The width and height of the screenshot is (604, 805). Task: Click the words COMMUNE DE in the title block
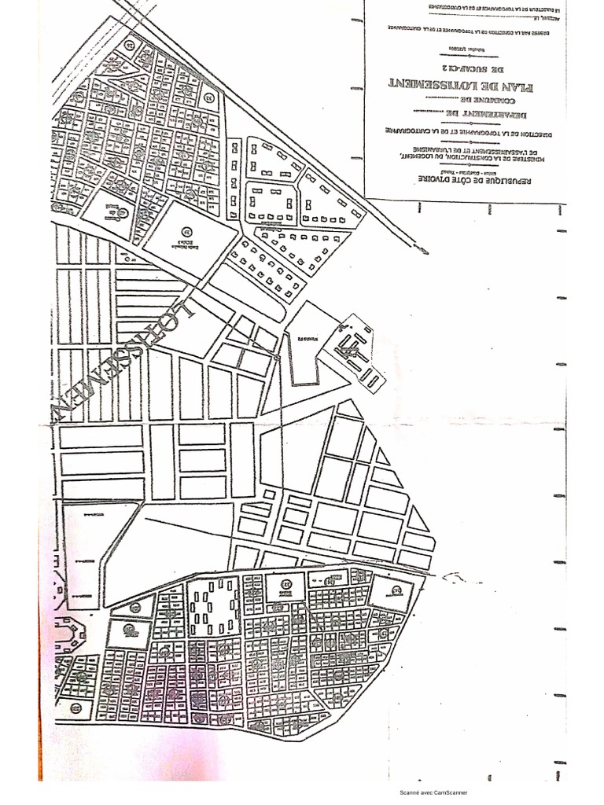pyautogui.click(x=465, y=101)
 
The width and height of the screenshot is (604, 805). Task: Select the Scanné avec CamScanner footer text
pyautogui.click(x=433, y=792)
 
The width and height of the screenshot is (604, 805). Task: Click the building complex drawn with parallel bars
pyautogui.click(x=358, y=350)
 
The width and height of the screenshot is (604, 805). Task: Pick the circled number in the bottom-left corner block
pyautogui.click(x=75, y=708)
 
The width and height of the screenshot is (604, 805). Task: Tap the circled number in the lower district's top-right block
pyautogui.click(x=397, y=591)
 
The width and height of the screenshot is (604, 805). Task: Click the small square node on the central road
pyautogui.click(x=276, y=358)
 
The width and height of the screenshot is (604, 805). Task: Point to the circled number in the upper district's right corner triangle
pyautogui.click(x=208, y=98)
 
